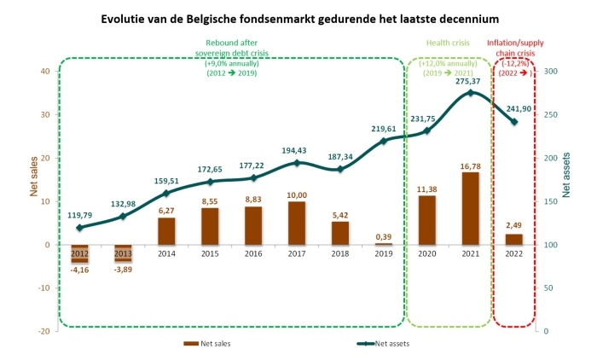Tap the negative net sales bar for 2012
pos(79,253)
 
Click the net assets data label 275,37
pos(470,81)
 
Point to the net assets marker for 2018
pos(339,169)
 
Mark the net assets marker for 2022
pos(513,122)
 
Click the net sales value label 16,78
pos(469,165)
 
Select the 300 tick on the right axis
pos(551,71)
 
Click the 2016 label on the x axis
pos(252,253)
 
